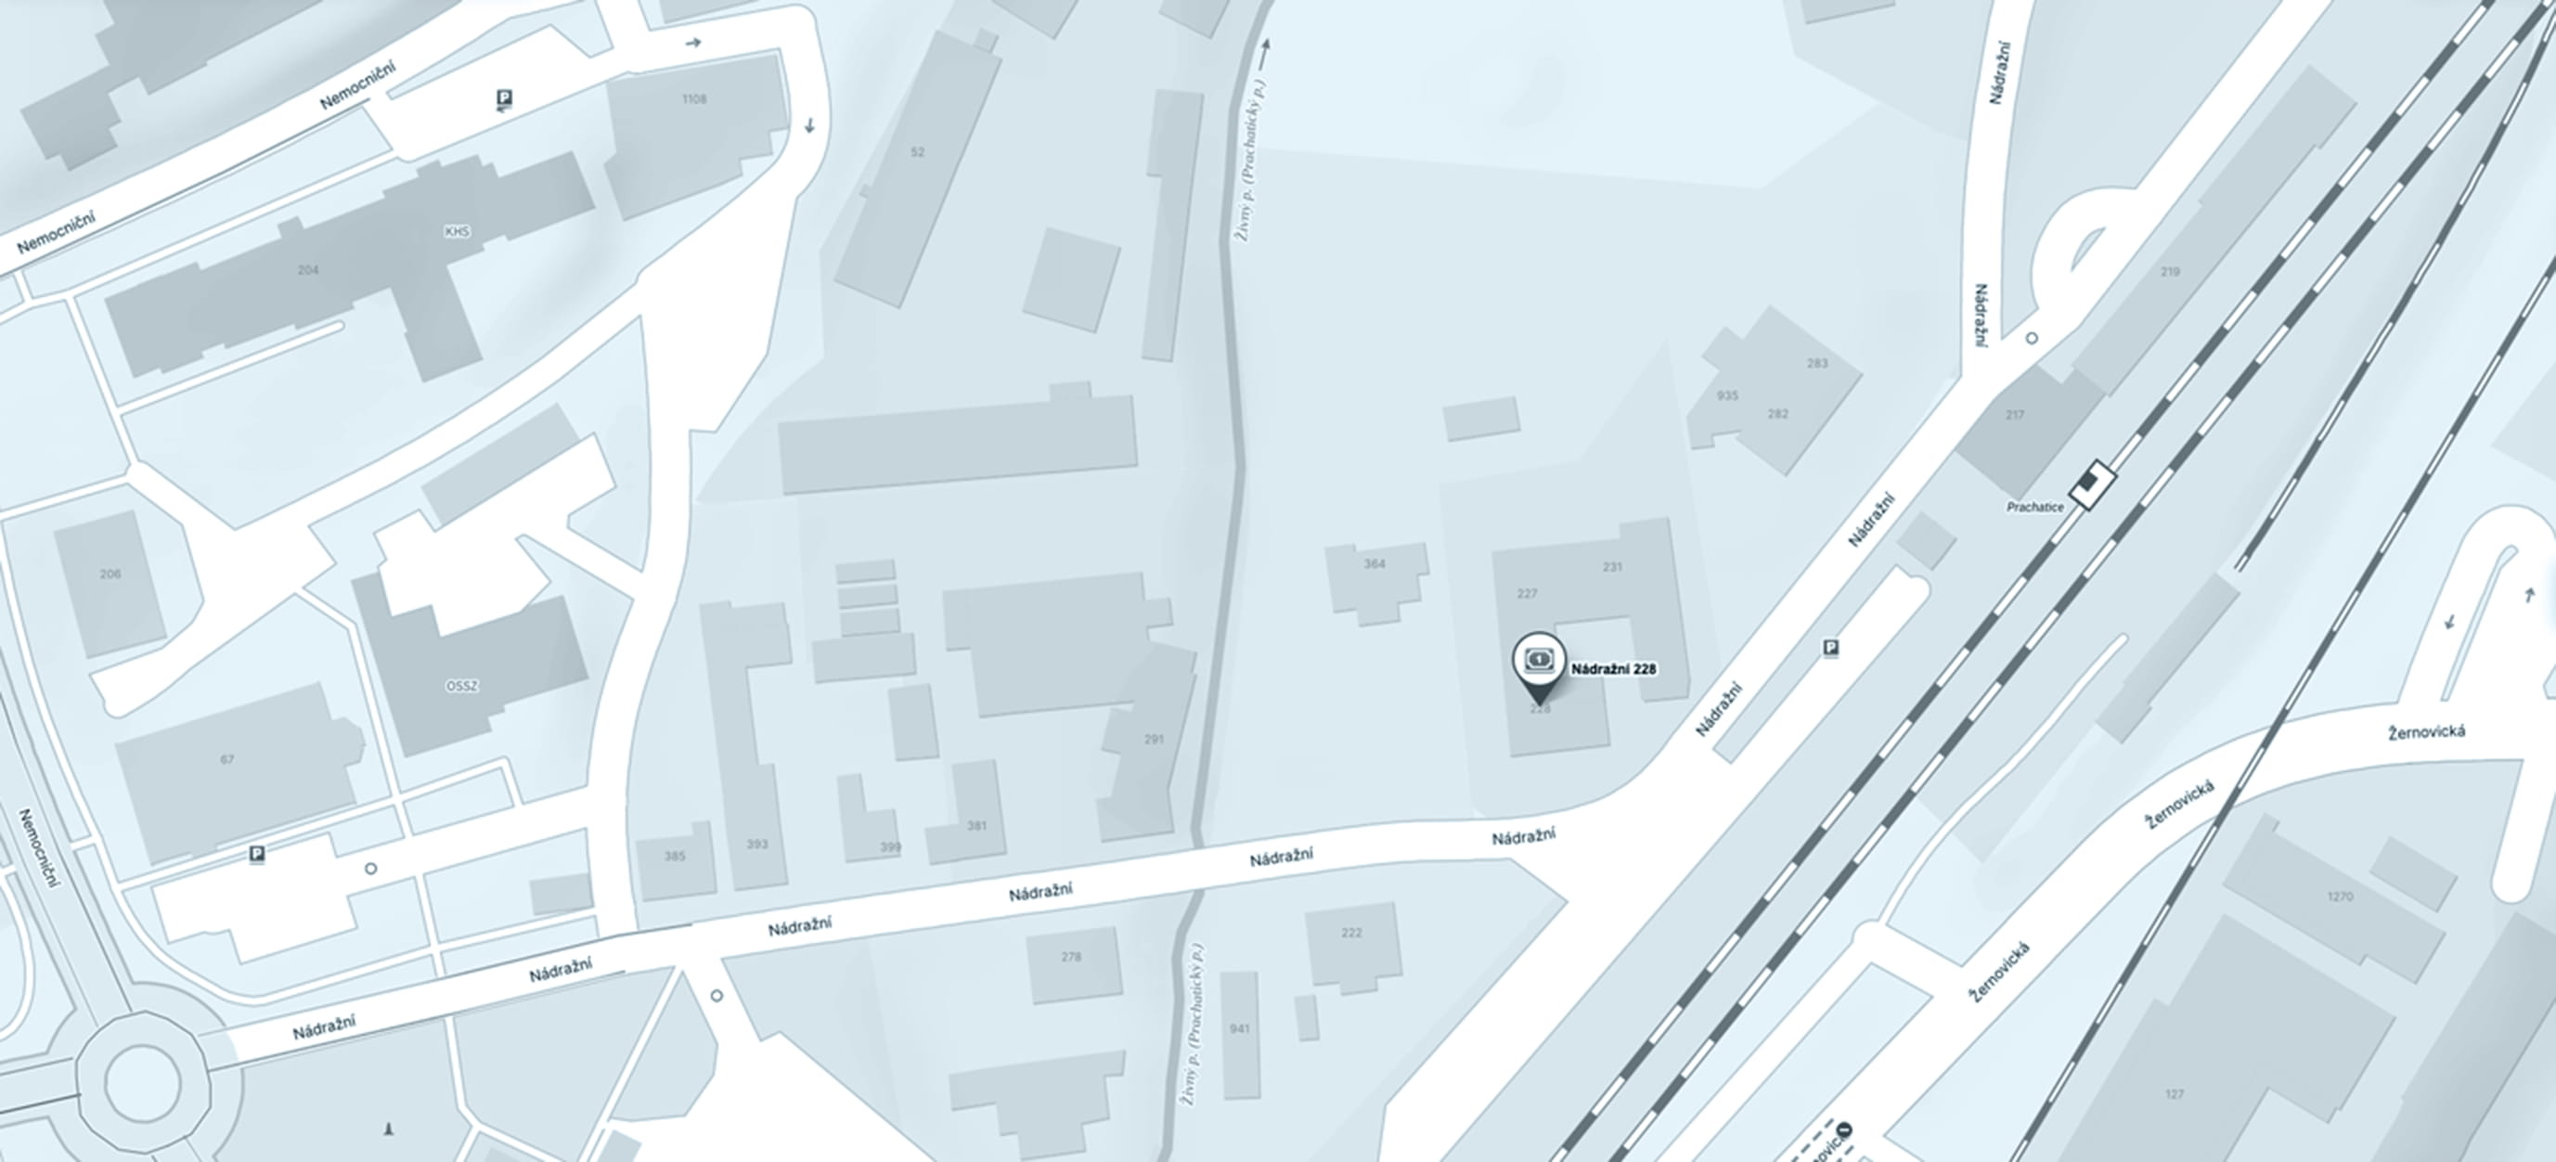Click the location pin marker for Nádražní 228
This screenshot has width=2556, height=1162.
click(1539, 660)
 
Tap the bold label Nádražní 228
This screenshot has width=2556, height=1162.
click(1613, 669)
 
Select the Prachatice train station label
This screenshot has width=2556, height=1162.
click(2034, 507)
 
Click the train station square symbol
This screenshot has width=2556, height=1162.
click(2093, 484)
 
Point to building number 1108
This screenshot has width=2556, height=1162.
click(694, 99)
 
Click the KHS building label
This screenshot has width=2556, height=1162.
click(458, 232)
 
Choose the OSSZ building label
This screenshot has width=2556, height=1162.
click(462, 686)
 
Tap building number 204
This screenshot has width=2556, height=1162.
click(308, 270)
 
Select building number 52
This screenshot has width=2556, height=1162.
click(917, 153)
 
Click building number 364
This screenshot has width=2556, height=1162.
click(1375, 564)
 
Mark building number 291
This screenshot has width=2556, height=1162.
click(1153, 740)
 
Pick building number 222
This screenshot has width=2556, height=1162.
click(1351, 933)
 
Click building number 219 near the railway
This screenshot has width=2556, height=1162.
click(2170, 272)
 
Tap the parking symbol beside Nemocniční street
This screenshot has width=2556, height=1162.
click(504, 97)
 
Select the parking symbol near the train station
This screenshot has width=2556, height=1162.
click(1830, 648)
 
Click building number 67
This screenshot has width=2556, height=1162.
click(227, 760)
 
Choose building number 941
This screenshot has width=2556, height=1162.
click(1239, 1029)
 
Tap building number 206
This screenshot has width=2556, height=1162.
click(110, 575)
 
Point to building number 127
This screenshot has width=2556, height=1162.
click(2175, 1094)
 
